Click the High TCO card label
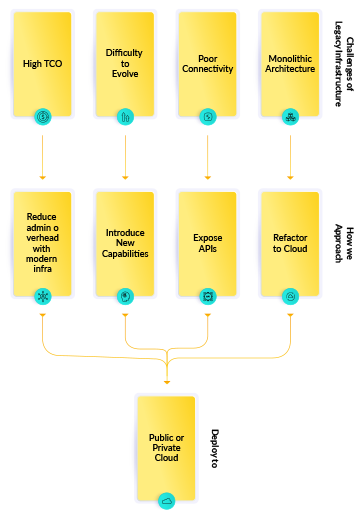point(42,63)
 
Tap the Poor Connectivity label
point(207,63)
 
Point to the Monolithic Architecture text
point(290,63)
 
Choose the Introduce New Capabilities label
point(125,243)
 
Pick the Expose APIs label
point(207,243)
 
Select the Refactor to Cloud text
point(290,243)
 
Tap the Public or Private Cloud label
point(166,447)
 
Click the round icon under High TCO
point(42,117)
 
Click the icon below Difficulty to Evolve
point(125,117)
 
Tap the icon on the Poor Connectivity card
point(207,117)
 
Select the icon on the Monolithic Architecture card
point(290,117)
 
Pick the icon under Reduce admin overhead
point(42,297)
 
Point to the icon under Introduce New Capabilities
point(125,297)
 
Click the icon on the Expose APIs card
point(207,297)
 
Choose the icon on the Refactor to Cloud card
point(290,297)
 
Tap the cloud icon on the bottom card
point(166,500)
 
